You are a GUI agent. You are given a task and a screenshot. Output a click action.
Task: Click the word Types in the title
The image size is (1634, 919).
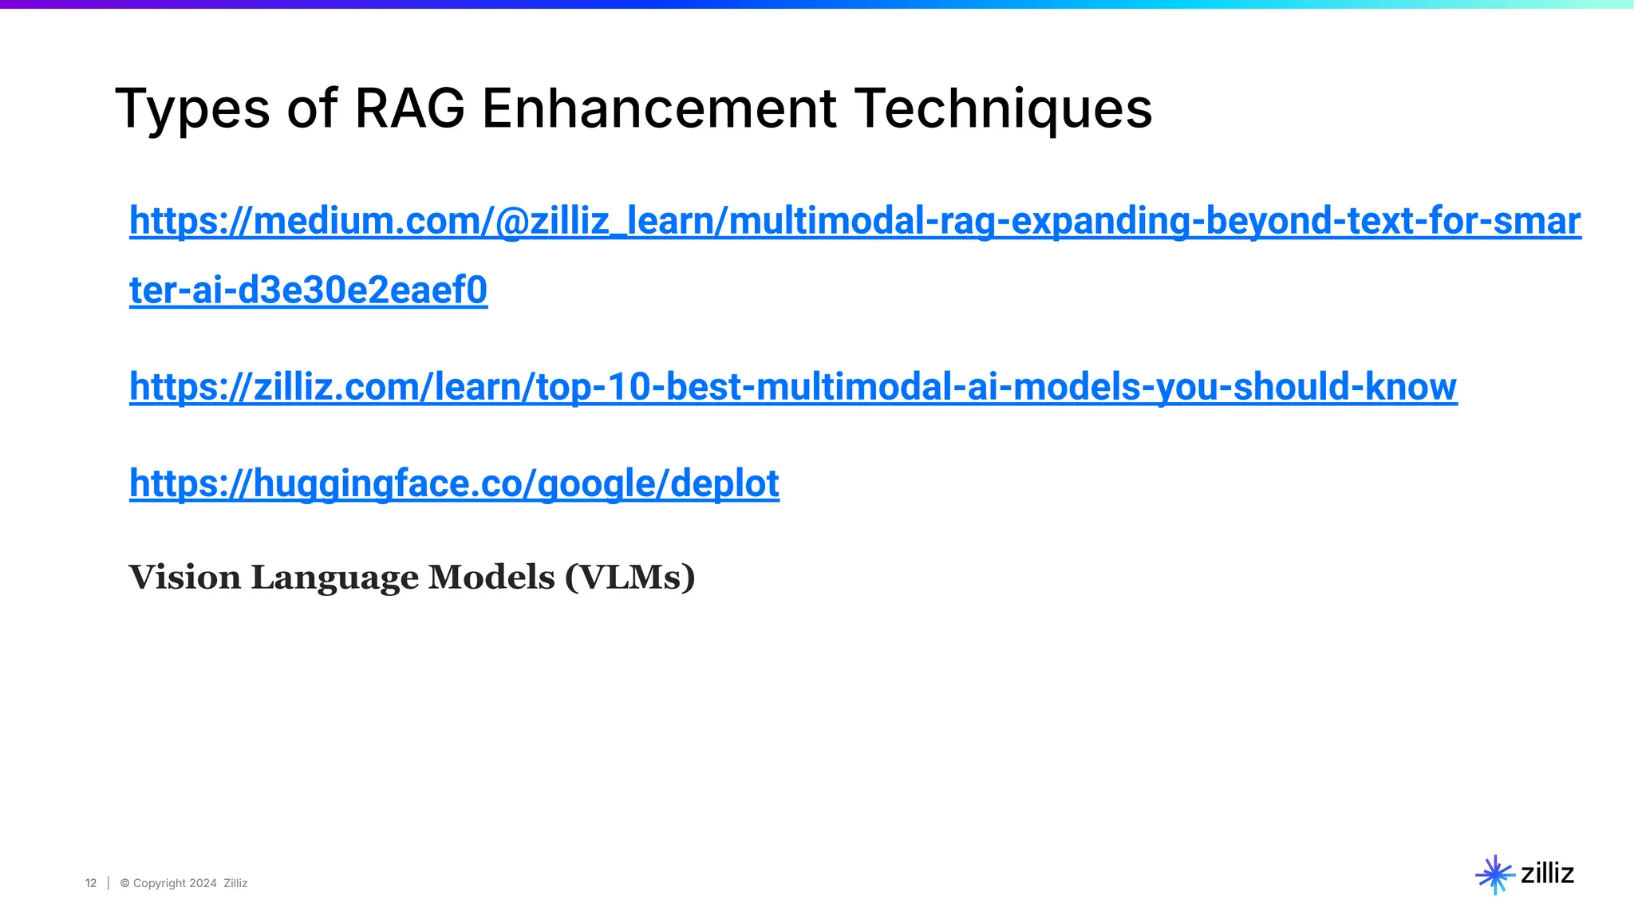[192, 109]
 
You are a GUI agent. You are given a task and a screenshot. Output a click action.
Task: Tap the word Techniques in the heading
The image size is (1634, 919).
[1003, 109]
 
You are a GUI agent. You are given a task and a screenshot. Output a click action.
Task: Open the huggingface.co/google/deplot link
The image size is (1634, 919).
[454, 483]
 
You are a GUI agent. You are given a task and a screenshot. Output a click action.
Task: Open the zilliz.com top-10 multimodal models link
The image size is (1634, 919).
[793, 387]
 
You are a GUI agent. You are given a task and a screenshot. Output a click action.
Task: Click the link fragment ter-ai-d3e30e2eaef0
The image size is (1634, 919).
[308, 290]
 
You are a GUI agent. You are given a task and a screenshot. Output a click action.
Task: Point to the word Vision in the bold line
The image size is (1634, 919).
[184, 577]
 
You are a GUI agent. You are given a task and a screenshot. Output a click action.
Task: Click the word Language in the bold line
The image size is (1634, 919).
[334, 578]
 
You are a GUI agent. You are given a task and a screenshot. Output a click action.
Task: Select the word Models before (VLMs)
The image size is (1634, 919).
[491, 577]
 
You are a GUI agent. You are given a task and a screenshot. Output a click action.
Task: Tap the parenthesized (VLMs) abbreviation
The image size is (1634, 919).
[630, 577]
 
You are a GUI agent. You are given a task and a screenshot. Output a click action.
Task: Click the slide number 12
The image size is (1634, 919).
[91, 883]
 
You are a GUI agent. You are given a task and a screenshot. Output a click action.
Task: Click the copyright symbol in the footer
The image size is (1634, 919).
[124, 883]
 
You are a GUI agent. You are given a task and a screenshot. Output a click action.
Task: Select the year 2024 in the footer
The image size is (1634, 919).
[203, 883]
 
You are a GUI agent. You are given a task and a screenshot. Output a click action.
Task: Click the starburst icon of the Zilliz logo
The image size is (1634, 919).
[1494, 874]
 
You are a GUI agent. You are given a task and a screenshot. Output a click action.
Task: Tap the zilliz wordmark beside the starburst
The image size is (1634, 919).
[1547, 874]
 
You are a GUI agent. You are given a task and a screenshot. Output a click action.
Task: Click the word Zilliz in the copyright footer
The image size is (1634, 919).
[235, 883]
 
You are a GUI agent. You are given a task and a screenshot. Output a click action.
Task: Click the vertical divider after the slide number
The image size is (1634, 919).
[109, 883]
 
